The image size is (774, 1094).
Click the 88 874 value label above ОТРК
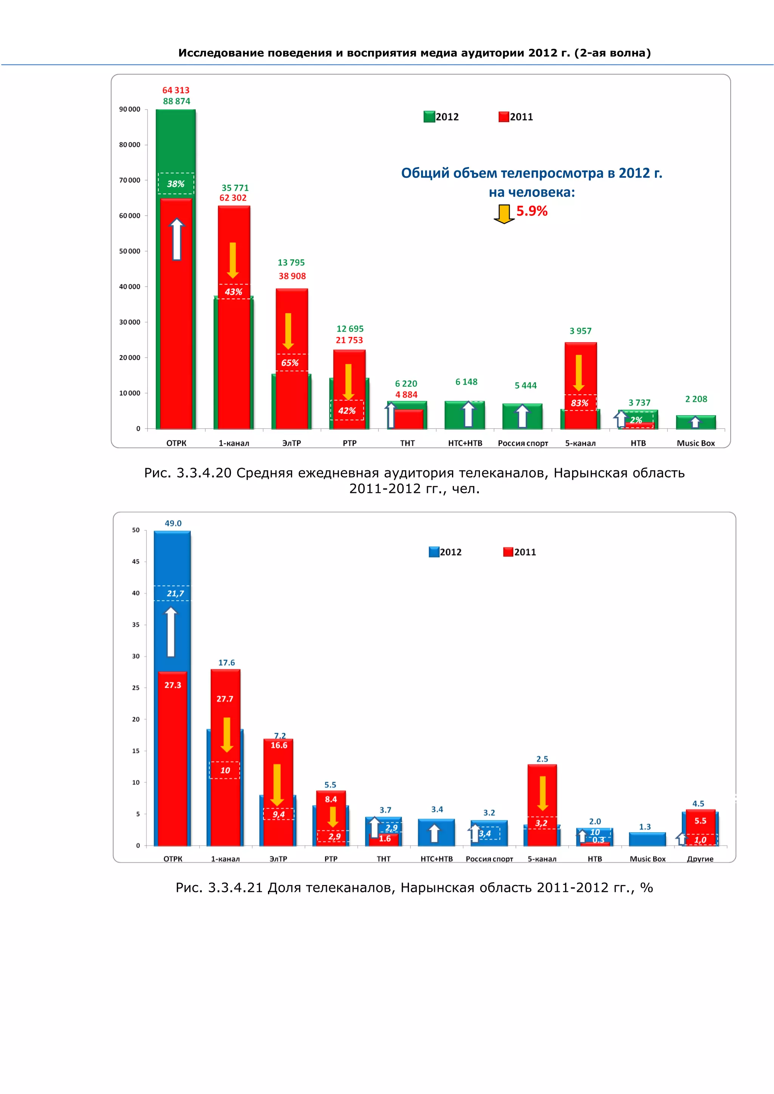[176, 101]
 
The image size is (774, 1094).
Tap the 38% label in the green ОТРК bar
[175, 184]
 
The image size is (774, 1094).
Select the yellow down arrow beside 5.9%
[504, 214]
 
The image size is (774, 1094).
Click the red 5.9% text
[532, 211]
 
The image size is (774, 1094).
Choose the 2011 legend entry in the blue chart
[520, 552]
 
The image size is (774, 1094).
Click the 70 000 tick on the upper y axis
[130, 180]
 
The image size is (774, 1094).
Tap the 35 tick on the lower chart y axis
[136, 625]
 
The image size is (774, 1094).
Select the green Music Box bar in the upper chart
[696, 422]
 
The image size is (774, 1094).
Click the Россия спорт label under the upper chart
[523, 443]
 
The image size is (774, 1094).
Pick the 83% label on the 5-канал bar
[579, 403]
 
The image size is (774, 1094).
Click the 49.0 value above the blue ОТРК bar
[173, 523]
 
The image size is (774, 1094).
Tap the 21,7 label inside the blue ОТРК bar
[175, 593]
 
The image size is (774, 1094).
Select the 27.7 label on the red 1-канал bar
[225, 698]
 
